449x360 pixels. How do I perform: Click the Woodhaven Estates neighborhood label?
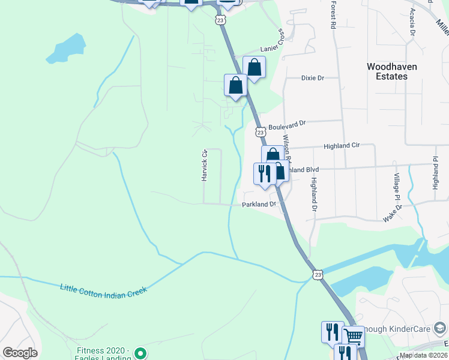[392, 71]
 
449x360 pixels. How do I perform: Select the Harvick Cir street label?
[204, 166]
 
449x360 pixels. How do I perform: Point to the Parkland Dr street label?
[258, 205]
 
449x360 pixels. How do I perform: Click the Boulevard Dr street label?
[287, 125]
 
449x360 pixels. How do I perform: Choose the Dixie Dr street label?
[312, 78]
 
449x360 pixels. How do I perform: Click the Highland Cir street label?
[341, 146]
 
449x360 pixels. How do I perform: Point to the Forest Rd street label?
[332, 15]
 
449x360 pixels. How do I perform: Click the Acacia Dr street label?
[412, 22]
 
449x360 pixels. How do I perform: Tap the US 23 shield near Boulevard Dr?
[260, 131]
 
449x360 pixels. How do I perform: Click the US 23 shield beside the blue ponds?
[318, 274]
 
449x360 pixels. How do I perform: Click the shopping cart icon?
[353, 335]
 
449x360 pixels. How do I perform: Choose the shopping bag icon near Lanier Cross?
[254, 67]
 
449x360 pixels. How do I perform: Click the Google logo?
[20, 353]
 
